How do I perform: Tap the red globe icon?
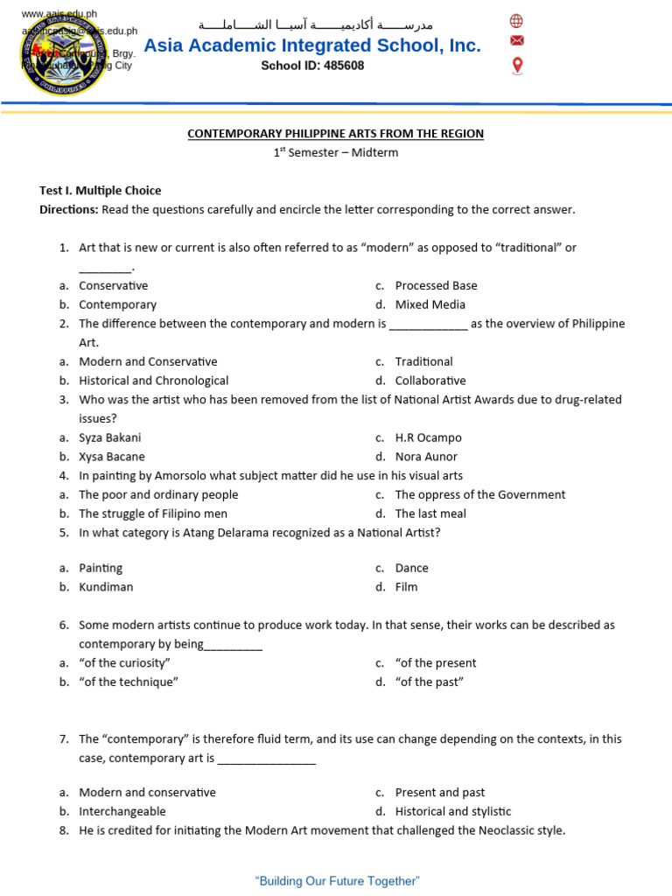pyautogui.click(x=517, y=21)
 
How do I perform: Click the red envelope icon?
pyautogui.click(x=517, y=41)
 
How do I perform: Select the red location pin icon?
pyautogui.click(x=517, y=66)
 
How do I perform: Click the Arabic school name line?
pyautogui.click(x=315, y=24)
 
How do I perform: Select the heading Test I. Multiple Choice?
pyautogui.click(x=101, y=191)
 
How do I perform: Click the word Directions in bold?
pyautogui.click(x=68, y=210)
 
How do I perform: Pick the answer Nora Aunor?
pyautogui.click(x=426, y=457)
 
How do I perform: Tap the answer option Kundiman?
pyautogui.click(x=106, y=587)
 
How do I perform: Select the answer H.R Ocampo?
pyautogui.click(x=428, y=437)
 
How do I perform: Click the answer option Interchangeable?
pyautogui.click(x=122, y=811)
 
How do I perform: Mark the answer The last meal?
pyautogui.click(x=430, y=514)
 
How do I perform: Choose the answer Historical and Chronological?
pyautogui.click(x=153, y=381)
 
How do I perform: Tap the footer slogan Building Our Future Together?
pyautogui.click(x=337, y=881)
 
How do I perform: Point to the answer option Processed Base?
pyautogui.click(x=436, y=285)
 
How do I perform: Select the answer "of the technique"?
pyautogui.click(x=129, y=682)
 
